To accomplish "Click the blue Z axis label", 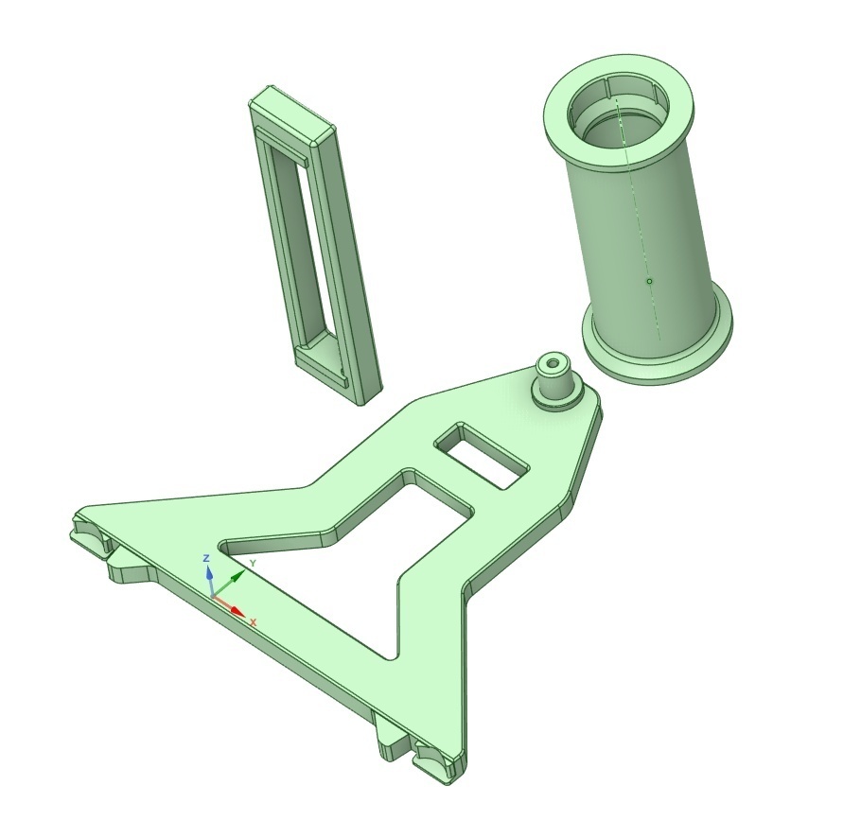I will click(207, 559).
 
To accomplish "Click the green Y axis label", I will click(252, 564).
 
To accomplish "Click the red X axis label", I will click(253, 622).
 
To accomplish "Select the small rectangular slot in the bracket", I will click(480, 455).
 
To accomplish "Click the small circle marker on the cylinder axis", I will click(649, 281).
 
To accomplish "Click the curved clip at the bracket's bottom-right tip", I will click(437, 758).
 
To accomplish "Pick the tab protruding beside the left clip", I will click(128, 567).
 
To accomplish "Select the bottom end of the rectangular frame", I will click(341, 374).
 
